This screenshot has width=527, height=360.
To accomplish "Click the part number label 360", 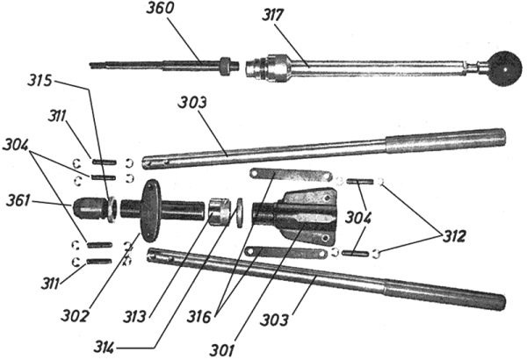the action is point(160,8).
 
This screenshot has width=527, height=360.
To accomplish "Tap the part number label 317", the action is point(272,15).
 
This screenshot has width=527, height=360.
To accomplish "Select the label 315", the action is point(40,81).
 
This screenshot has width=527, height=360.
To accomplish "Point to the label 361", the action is point(18,201).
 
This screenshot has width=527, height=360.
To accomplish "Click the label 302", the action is point(75,316).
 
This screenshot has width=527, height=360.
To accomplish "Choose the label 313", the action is point(134,317).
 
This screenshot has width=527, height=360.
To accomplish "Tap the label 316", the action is point(199,317).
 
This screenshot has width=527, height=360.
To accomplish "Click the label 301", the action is point(222,350).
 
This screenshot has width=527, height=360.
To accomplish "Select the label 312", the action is point(454,237).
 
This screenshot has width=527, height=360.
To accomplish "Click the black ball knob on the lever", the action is point(505,68).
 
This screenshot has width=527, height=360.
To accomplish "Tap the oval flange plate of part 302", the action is point(151,211).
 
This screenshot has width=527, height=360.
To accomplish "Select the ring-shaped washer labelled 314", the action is point(240,213).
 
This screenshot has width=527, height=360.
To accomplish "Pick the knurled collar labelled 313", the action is point(219,212).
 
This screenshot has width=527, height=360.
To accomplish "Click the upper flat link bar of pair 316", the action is point(291,175).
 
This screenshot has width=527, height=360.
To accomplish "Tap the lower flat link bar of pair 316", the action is point(286,252).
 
